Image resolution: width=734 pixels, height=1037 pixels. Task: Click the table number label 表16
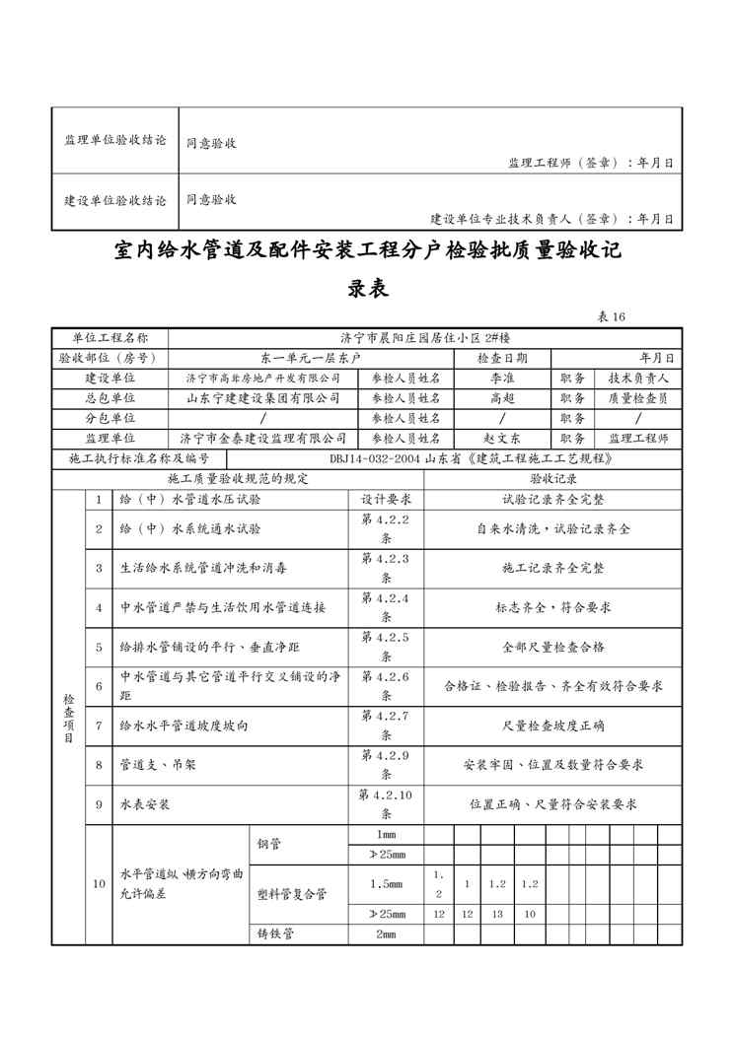point(612,317)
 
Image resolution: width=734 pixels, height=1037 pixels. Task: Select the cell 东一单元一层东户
point(311,358)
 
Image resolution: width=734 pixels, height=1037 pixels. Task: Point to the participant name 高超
point(502,398)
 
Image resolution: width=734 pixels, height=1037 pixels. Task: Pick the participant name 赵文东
point(502,439)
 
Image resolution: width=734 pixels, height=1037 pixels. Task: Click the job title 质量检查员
point(638,398)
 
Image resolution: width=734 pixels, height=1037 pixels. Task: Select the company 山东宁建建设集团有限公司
point(263,398)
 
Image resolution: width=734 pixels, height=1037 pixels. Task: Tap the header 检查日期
point(502,358)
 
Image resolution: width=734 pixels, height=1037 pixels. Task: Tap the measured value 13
point(497,914)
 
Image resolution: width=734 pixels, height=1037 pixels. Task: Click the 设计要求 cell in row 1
point(386,500)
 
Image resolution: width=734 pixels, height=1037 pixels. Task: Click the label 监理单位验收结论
point(115,141)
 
